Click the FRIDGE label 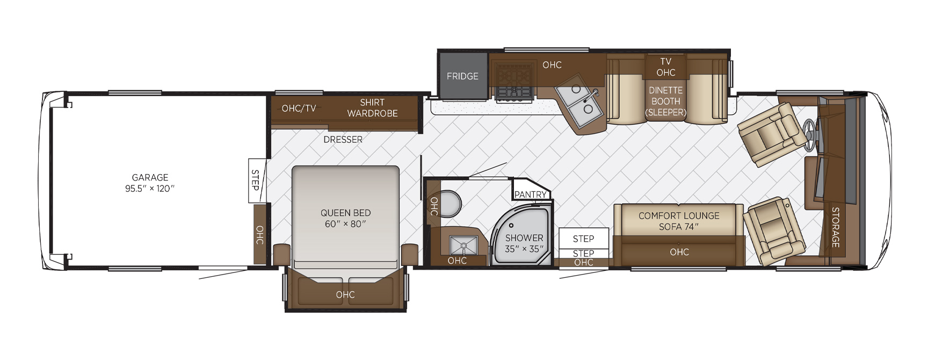pos(462,76)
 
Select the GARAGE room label pos(150,177)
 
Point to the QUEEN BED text pos(345,213)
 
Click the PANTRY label pos(530,195)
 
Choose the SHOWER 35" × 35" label pos(524,243)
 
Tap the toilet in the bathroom pos(450,204)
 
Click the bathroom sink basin pos(463,245)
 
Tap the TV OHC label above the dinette pos(665,67)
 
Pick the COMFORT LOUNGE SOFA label pos(679,221)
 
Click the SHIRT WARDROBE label pos(372,107)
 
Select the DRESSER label pos(343,139)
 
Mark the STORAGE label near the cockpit pos(836,227)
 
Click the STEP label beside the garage pos(256,180)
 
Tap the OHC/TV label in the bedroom pos(299,108)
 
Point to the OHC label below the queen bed pos(345,294)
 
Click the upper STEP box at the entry pos(584,238)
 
